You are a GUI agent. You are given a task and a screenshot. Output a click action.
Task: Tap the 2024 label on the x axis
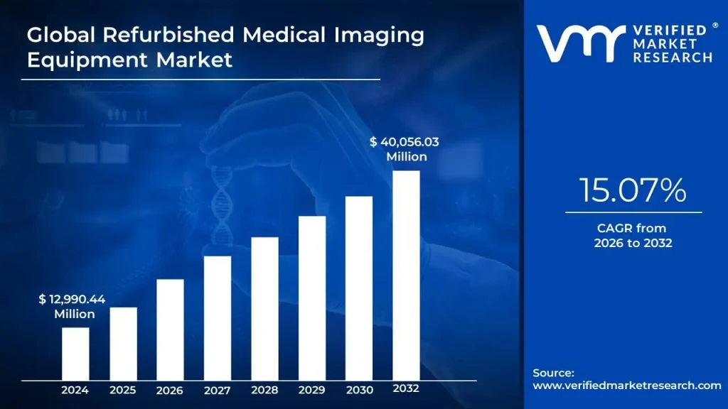75,390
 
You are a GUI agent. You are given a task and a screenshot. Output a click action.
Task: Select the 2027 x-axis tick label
218,390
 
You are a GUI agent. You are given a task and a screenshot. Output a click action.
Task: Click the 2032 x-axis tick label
406,389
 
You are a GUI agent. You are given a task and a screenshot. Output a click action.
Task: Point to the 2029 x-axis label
312,390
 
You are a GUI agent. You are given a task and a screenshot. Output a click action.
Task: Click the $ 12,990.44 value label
72,300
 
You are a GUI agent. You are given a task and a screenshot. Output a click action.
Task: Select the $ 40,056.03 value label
404,142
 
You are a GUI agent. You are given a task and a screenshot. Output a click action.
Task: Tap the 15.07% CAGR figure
632,190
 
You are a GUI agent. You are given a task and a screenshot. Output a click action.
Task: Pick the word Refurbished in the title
149,35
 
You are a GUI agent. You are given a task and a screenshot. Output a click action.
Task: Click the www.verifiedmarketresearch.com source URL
626,386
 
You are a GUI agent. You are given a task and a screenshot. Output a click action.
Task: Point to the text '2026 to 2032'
633,243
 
